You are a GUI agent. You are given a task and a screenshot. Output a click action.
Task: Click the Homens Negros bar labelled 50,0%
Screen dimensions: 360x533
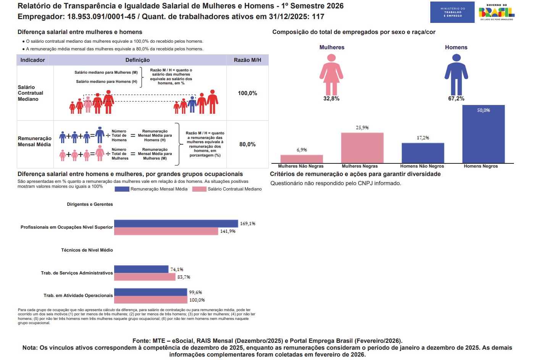483,134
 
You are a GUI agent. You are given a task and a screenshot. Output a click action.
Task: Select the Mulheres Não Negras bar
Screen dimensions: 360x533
302,159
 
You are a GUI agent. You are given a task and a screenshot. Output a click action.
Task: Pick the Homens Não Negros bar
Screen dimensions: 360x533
423,153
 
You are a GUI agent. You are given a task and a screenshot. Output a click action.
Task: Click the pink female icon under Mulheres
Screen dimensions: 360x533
331,74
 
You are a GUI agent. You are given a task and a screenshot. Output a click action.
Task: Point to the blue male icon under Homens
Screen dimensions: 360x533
456,74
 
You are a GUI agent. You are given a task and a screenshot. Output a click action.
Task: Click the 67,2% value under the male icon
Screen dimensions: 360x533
456,98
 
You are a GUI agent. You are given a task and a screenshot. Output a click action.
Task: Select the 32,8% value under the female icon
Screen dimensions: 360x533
331,98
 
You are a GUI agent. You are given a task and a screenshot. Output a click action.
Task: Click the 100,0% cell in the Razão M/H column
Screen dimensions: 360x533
247,93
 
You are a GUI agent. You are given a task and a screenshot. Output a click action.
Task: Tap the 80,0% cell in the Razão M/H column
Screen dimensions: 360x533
247,144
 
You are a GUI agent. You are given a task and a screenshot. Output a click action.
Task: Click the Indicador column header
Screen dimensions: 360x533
32,60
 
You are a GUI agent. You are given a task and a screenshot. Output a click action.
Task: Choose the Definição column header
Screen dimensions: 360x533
137,60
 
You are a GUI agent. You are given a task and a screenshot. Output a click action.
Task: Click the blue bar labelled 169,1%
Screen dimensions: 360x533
176,224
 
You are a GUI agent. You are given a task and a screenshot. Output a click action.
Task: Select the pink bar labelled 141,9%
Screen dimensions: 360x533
166,231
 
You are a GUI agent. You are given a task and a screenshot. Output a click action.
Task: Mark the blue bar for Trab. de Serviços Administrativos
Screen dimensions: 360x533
141,269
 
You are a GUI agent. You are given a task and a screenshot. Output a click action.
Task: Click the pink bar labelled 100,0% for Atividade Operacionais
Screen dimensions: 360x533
151,300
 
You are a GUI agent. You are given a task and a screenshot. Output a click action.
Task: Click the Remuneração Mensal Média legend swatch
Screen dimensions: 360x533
122,189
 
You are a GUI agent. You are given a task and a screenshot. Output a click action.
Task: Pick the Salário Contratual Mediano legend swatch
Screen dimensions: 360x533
199,189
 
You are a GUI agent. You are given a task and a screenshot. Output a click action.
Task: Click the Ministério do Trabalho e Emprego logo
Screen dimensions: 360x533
452,12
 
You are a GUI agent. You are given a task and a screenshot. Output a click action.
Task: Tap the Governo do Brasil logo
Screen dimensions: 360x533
496,12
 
